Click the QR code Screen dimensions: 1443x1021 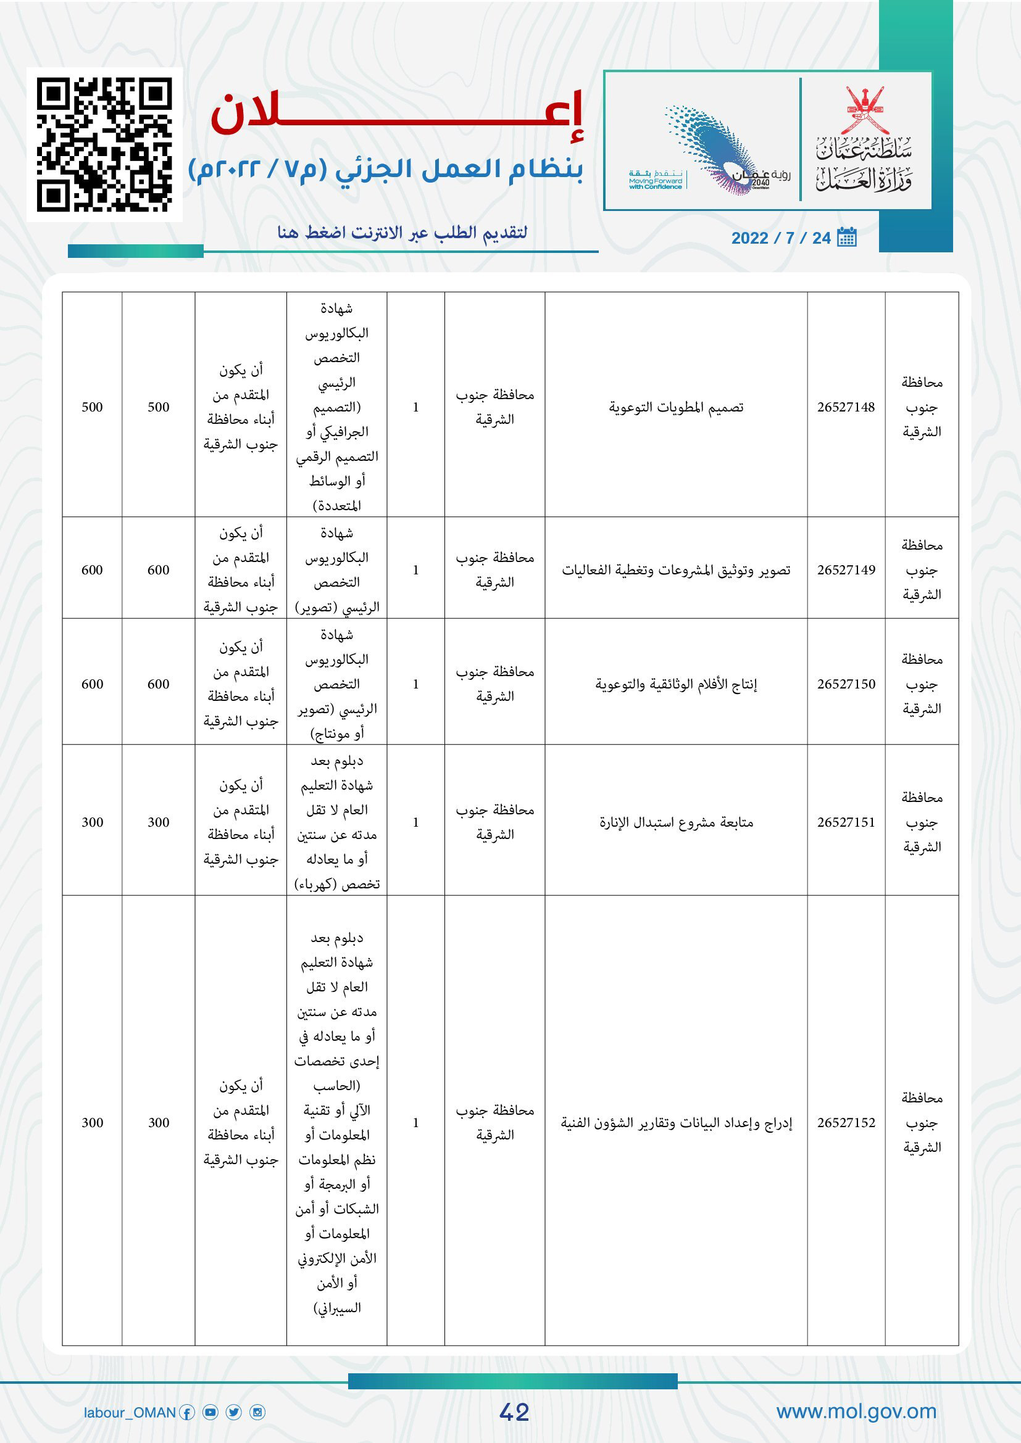click(x=104, y=144)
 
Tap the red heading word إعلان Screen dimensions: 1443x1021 click(x=398, y=114)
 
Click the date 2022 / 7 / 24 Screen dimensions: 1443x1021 click(x=781, y=238)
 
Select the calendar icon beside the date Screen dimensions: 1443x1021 click(x=847, y=238)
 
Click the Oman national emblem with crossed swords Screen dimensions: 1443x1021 click(x=864, y=109)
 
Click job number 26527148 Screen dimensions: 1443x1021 click(x=846, y=407)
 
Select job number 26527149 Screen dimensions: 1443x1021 click(x=846, y=570)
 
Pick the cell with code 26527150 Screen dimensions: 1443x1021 click(x=846, y=684)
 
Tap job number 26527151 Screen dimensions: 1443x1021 click(x=846, y=822)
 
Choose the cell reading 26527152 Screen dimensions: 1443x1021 click(x=846, y=1122)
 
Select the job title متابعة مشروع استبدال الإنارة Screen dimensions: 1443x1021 click(x=676, y=822)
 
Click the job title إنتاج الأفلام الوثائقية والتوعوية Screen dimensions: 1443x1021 click(x=676, y=684)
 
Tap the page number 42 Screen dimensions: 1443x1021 click(x=514, y=1412)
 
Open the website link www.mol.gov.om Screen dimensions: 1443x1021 click(x=856, y=1412)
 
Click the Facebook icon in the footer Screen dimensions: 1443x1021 click(x=186, y=1413)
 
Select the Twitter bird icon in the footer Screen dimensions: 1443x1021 click(x=234, y=1413)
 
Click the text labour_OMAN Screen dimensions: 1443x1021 click(x=130, y=1413)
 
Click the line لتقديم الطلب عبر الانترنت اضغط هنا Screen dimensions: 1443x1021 click(x=402, y=233)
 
